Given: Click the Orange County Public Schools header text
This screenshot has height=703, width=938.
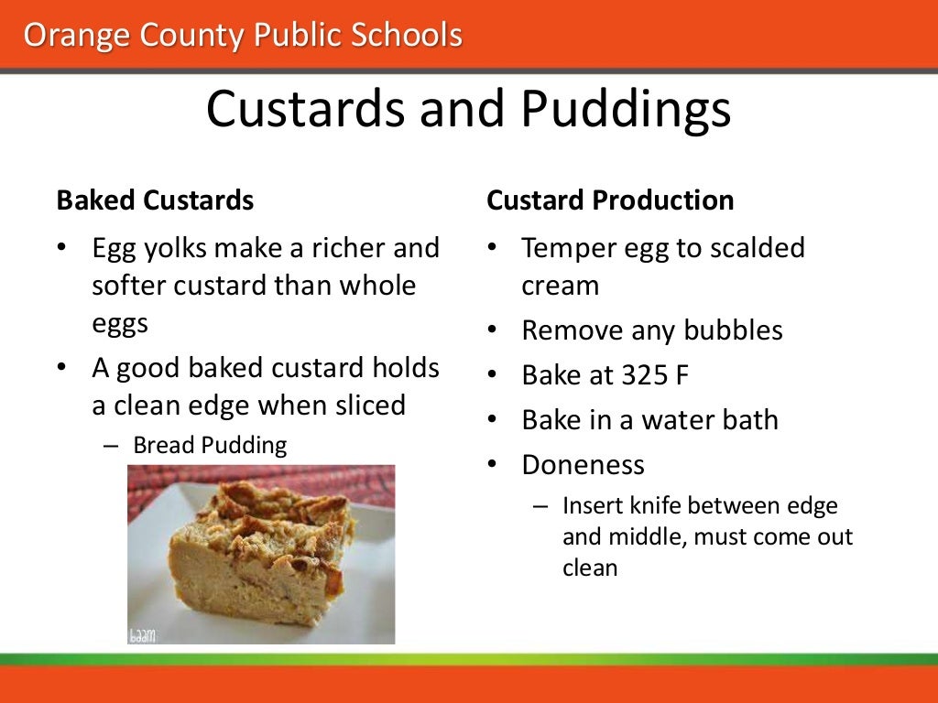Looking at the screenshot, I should (243, 36).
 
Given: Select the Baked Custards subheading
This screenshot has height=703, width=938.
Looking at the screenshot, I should (155, 200).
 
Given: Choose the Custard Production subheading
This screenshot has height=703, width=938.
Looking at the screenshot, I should (610, 200).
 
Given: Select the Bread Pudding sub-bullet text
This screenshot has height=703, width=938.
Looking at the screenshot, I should (210, 446).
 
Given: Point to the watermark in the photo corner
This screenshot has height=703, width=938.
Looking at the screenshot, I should (142, 633).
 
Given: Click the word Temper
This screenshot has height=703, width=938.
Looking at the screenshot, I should (565, 248).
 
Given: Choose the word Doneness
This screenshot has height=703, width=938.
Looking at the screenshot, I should (583, 465).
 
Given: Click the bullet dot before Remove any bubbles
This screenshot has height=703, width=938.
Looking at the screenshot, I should (493, 330).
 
